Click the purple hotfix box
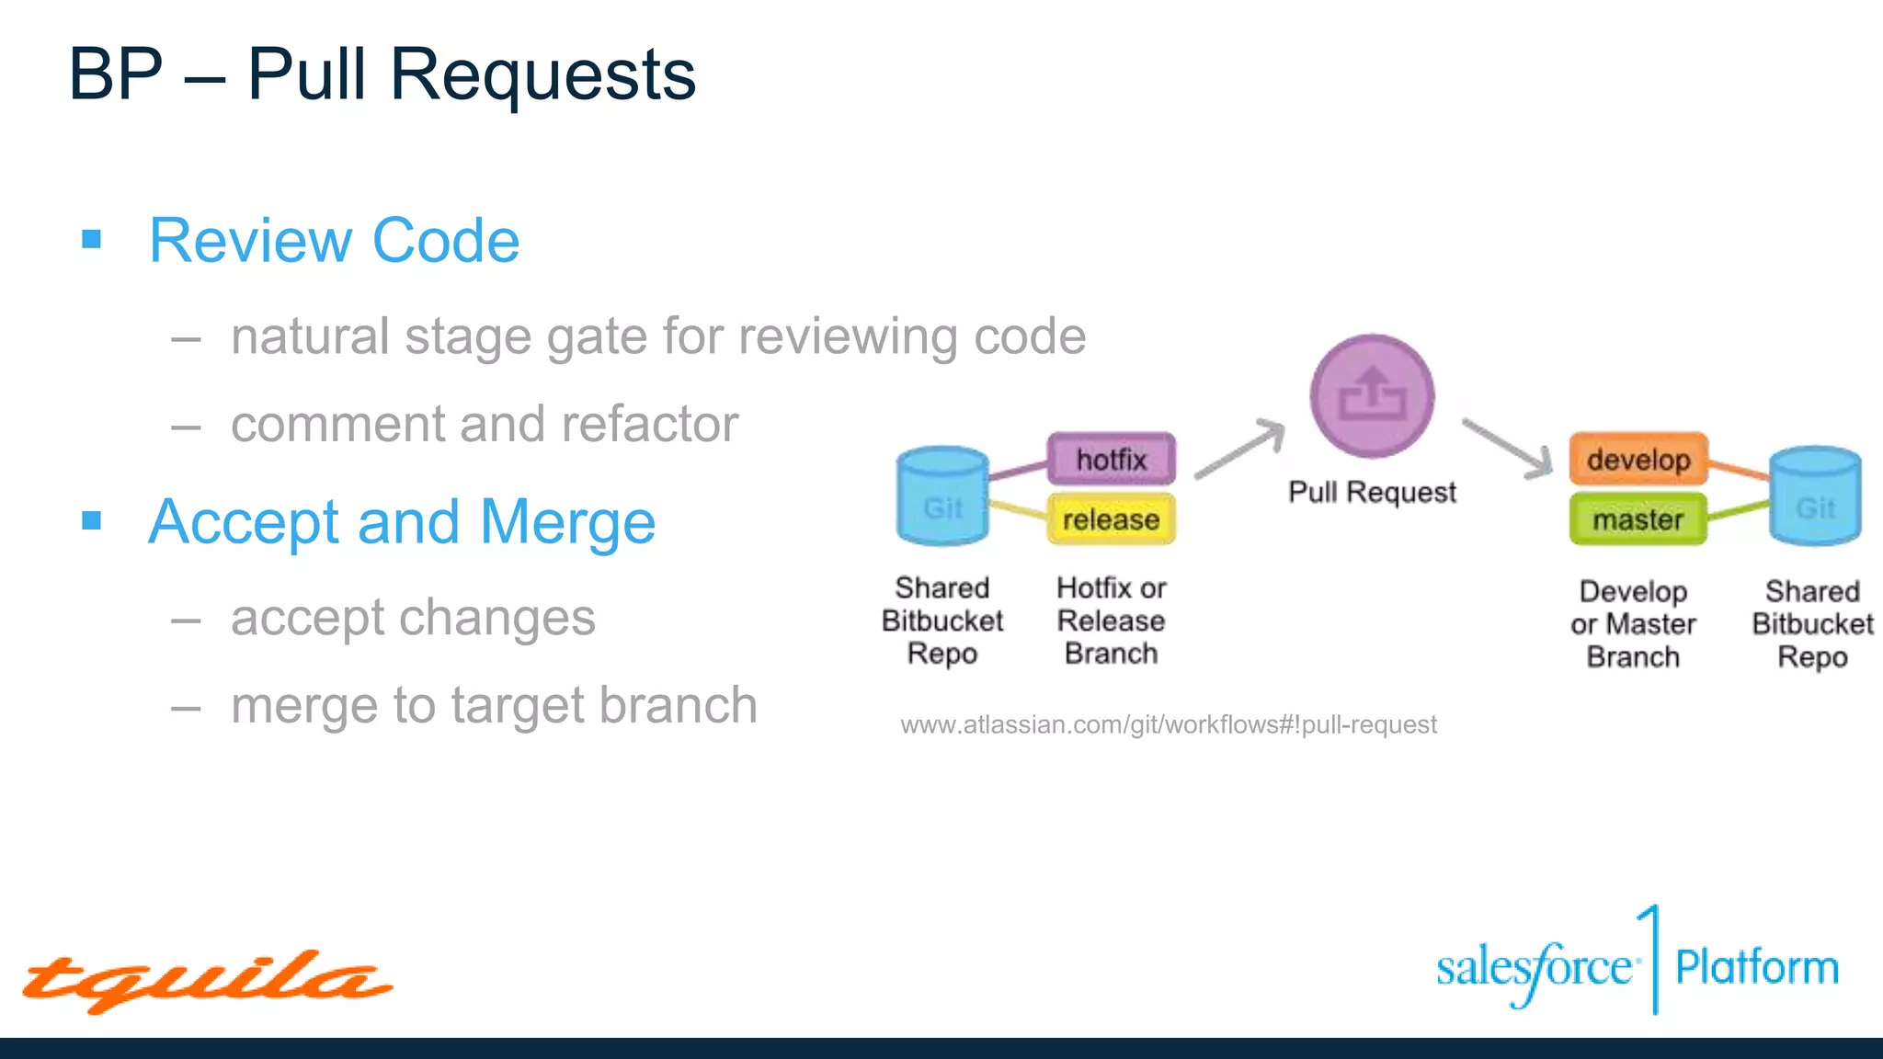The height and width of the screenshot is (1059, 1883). tap(1112, 459)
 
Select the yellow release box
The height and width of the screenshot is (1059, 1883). tap(1112, 519)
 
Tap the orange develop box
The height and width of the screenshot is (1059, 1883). tap(1638, 459)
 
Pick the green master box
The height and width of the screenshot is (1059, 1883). tap(1638, 519)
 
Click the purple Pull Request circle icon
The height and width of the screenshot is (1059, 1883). tap(1372, 396)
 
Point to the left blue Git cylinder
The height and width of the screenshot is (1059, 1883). tap(942, 496)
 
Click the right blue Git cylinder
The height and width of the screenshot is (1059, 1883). tap(1815, 496)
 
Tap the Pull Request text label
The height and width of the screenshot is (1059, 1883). tap(1372, 493)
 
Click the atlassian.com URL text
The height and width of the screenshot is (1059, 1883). tap(1168, 725)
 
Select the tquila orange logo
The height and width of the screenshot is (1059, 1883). tap(207, 982)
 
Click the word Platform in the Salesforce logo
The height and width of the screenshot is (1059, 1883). tap(1756, 968)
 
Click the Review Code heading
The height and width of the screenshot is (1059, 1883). tap(335, 241)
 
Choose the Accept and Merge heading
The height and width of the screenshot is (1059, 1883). tap(402, 522)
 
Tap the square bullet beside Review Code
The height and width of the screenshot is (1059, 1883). tap(91, 240)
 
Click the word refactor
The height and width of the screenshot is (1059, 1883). tap(649, 425)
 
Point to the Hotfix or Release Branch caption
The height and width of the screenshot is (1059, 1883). tap(1111, 621)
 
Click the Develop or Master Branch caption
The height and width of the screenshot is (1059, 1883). tap(1633, 624)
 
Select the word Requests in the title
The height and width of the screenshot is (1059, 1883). tap(542, 75)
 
